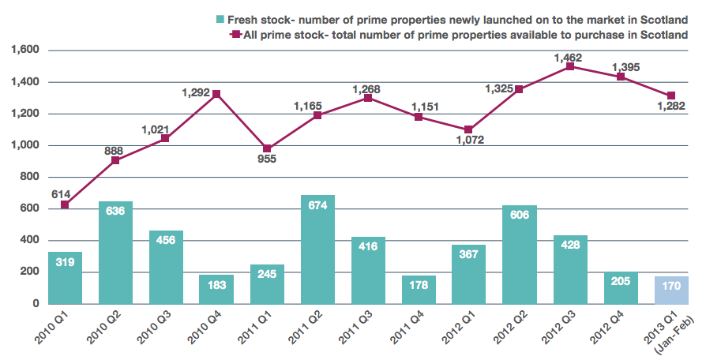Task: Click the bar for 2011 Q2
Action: [317, 249]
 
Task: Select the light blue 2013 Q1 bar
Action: [671, 289]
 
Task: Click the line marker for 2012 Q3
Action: [570, 66]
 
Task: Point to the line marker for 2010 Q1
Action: [65, 204]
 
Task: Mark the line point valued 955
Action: [267, 148]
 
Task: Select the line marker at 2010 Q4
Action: [216, 94]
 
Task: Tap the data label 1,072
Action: [469, 140]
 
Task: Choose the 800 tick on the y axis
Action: [28, 177]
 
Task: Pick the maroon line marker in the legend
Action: [234, 34]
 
